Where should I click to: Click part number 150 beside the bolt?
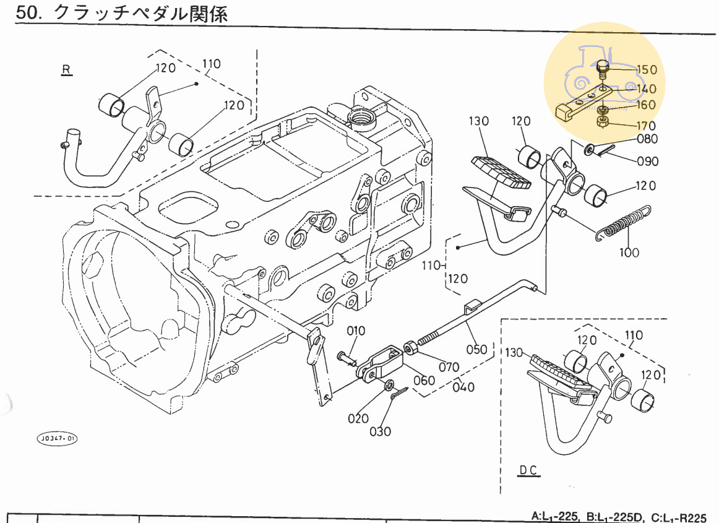tap(647, 70)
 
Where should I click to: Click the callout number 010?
tap(356, 331)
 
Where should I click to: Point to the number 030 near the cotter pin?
tap(380, 431)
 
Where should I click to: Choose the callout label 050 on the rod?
tap(476, 350)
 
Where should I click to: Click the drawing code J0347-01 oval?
tap(58, 439)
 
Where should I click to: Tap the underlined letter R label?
tap(66, 69)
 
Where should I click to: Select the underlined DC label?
tap(528, 470)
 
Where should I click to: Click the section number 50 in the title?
tap(28, 14)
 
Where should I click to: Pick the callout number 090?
tap(648, 162)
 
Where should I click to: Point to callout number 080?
tap(647, 139)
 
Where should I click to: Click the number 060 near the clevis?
tap(424, 380)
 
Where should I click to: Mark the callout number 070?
tap(450, 367)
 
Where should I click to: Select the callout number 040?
tap(463, 387)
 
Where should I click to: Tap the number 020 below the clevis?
tap(358, 418)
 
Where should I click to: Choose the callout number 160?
tap(645, 105)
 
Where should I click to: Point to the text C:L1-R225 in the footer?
tap(679, 516)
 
